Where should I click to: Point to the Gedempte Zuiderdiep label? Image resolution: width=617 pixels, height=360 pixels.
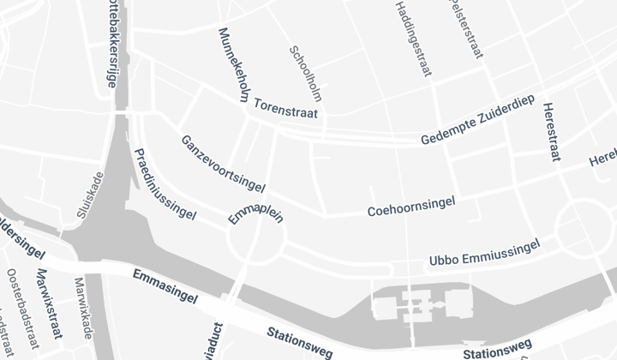478,124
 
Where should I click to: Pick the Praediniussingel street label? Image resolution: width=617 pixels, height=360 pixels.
165,187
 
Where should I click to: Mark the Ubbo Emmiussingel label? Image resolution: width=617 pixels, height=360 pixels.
484,253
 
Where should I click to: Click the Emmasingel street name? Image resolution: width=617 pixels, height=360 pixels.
165,286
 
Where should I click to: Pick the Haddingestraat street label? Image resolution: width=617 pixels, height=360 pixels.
412,39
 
